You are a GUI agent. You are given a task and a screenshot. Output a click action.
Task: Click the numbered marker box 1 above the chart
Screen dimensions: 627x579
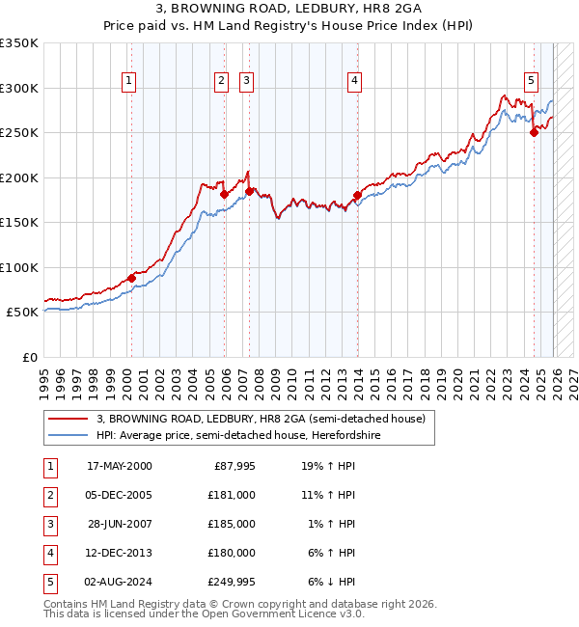coord(129,81)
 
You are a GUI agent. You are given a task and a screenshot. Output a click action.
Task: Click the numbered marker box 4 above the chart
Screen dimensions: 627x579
coord(355,81)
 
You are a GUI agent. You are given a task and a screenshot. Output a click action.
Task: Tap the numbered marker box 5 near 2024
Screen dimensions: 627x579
coord(532,81)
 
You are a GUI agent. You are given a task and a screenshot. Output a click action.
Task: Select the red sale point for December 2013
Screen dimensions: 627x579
coord(357,196)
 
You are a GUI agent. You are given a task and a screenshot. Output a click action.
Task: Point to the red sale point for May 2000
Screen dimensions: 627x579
coord(131,279)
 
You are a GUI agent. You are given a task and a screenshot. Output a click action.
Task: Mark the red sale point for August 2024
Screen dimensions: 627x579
coord(534,133)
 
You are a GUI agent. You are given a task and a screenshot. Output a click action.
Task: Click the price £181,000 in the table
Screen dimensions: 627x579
coord(231,495)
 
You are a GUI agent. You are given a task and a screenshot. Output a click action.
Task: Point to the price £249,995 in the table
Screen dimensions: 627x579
coord(231,582)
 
